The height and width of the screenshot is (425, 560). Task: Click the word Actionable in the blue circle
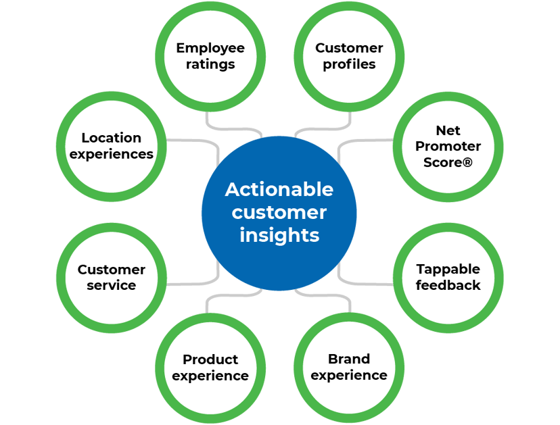click(279, 189)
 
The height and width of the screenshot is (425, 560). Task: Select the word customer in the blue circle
click(279, 212)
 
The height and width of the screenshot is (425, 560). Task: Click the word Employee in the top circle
click(210, 48)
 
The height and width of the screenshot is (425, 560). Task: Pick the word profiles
click(349, 65)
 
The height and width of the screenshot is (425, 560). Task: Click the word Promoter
click(448, 146)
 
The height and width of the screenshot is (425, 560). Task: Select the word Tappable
click(448, 269)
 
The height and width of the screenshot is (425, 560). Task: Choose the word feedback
click(448, 286)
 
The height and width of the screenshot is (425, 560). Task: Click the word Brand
click(349, 359)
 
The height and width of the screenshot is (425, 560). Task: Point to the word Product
click(210, 359)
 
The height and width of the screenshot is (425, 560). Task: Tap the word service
click(111, 286)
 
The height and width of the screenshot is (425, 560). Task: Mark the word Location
click(111, 138)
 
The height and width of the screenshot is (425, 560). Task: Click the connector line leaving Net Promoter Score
click(365, 141)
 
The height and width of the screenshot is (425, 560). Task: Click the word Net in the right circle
click(448, 129)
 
